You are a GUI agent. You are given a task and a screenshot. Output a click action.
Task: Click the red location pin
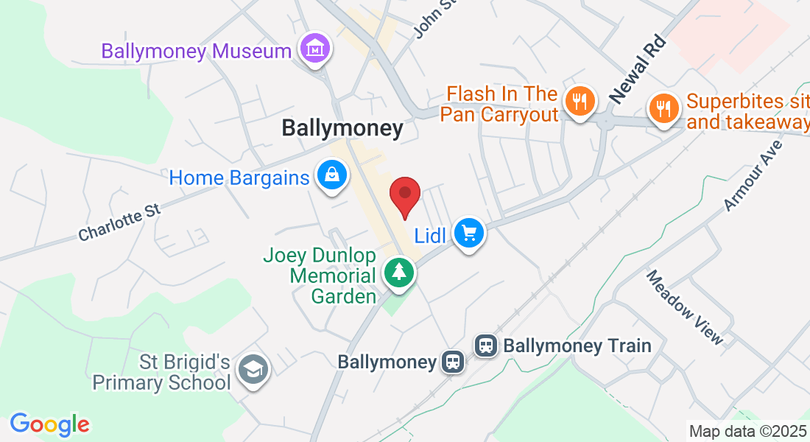(404, 194)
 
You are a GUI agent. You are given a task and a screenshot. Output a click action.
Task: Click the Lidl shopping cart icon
(469, 234)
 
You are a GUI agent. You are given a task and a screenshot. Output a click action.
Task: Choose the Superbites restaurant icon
(663, 108)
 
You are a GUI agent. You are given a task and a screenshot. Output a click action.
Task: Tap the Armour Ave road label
(752, 175)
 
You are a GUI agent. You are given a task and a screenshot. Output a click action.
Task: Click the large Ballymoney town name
(342, 129)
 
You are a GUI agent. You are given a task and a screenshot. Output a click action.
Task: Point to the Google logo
(49, 424)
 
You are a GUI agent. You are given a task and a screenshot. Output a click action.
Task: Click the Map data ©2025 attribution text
(747, 431)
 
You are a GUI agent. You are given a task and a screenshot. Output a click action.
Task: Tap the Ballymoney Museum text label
(197, 52)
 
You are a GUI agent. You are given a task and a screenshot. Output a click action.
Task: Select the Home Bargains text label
(239, 178)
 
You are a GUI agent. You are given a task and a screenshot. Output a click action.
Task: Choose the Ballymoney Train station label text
(577, 345)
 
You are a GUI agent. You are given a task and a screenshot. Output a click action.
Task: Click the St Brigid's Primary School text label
(161, 373)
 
